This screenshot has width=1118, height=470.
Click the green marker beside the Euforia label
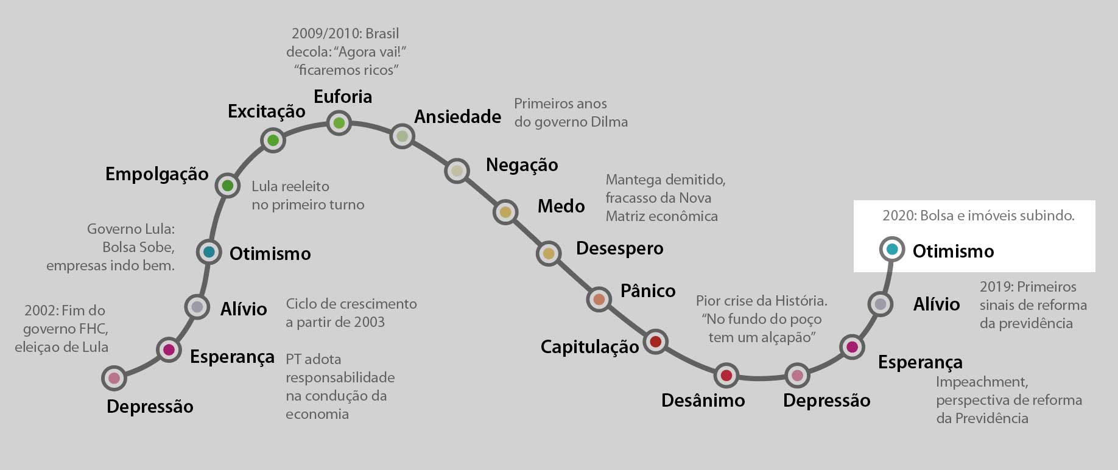click(339, 124)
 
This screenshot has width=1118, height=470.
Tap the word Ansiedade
click(457, 117)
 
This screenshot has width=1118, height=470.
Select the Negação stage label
click(522, 165)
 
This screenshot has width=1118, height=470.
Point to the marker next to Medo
click(505, 212)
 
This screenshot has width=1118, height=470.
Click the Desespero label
click(619, 249)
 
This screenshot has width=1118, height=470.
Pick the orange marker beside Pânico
click(599, 299)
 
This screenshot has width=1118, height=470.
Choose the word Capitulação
click(589, 347)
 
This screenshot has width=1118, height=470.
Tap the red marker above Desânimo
click(726, 376)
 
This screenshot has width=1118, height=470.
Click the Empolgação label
click(156, 174)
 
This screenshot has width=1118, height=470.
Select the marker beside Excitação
click(273, 141)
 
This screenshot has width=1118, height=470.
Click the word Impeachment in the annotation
click(982, 382)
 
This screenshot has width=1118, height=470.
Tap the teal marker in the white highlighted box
click(892, 249)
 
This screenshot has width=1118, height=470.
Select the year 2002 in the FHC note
click(40, 310)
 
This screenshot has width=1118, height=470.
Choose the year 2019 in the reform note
click(995, 287)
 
